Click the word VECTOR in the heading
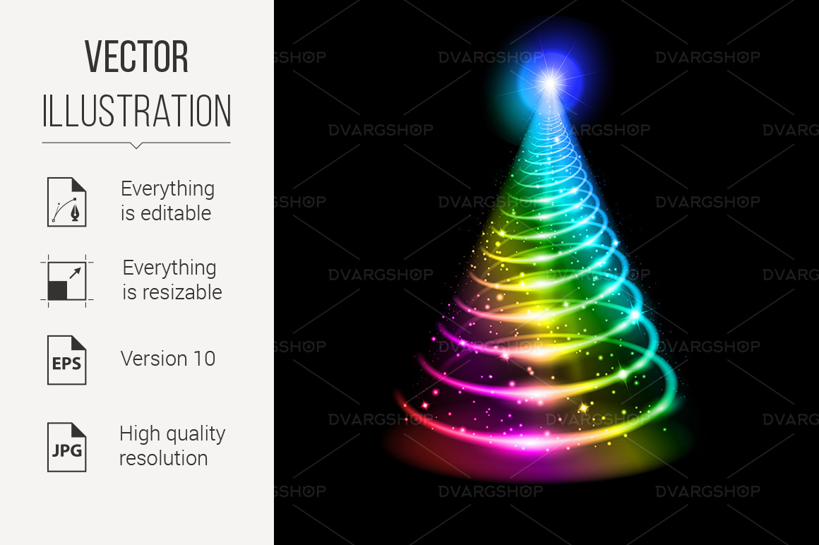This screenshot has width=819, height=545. (136, 56)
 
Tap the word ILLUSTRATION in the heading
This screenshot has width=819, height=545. (136, 111)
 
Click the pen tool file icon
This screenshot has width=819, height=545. (67, 201)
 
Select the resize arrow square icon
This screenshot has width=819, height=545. (67, 281)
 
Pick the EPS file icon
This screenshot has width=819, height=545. (67, 360)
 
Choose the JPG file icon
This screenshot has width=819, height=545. (67, 447)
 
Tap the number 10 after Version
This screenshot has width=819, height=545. (205, 359)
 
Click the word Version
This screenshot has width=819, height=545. (154, 359)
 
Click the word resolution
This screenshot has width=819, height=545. (164, 458)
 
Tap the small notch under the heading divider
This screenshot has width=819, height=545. (136, 145)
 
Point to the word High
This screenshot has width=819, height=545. (138, 433)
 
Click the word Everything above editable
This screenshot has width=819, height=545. (167, 188)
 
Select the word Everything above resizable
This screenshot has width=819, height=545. (169, 268)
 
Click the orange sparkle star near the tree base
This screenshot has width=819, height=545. (583, 406)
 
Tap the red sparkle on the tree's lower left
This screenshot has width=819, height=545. (424, 406)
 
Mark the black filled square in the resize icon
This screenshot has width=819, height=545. (57, 290)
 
